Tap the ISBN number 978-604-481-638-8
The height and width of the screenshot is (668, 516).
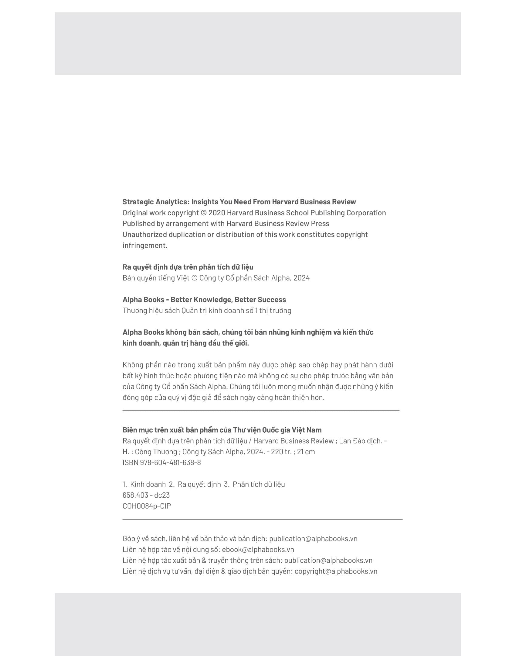tap(170, 462)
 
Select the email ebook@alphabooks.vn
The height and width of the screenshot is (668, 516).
tap(258, 549)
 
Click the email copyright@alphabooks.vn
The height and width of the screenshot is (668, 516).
tap(336, 571)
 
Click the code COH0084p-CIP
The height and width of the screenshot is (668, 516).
tap(147, 506)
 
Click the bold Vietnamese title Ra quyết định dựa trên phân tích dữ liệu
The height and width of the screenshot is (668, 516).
tap(188, 267)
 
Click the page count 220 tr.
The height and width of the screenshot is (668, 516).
tap(282, 452)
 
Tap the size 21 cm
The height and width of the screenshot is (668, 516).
tap(306, 452)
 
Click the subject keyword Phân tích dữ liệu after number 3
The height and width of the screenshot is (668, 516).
tap(259, 484)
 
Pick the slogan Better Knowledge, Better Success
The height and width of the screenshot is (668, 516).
tap(228, 300)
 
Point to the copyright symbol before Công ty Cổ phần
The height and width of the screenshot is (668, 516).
tap(195, 278)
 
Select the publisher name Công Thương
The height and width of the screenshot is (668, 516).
tap(156, 452)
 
